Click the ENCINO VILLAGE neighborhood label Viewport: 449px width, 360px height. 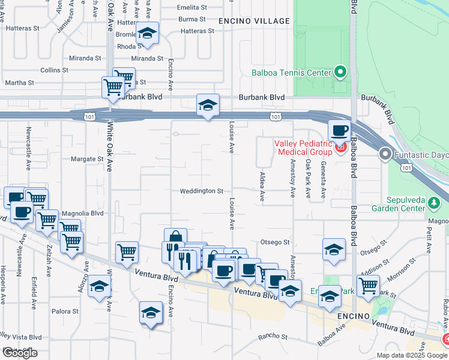click(x=254, y=21)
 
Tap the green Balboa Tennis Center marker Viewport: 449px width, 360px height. click(x=340, y=73)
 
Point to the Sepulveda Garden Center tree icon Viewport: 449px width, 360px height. click(x=434, y=204)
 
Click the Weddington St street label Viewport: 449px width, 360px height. click(x=201, y=191)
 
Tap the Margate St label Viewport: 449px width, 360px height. click(x=87, y=159)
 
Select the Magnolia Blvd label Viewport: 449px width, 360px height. click(x=83, y=213)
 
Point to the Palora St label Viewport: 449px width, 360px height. click(x=65, y=311)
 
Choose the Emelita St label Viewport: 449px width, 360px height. click(x=191, y=8)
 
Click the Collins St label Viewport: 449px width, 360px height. click(x=55, y=70)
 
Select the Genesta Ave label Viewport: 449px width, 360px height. click(x=324, y=180)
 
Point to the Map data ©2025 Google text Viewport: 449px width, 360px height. click(x=412, y=355)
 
